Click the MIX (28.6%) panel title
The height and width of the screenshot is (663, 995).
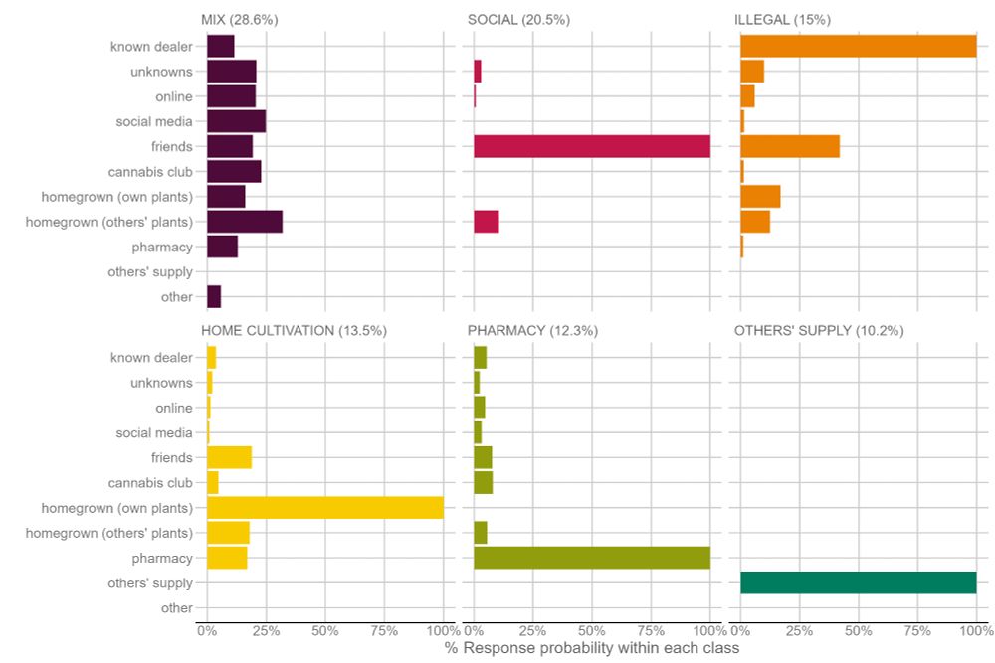pyautogui.click(x=240, y=20)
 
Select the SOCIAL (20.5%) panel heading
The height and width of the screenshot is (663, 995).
pyautogui.click(x=518, y=20)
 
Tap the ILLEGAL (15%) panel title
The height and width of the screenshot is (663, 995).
pyautogui.click(x=782, y=20)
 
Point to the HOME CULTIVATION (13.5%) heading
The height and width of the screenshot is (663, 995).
pyautogui.click(x=294, y=331)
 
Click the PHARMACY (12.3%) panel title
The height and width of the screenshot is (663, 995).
pyautogui.click(x=532, y=331)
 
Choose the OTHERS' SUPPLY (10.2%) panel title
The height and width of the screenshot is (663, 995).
pyautogui.click(x=818, y=331)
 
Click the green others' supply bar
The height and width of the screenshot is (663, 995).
pyautogui.click(x=858, y=582)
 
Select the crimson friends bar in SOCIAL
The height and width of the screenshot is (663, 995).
pyautogui.click(x=591, y=146)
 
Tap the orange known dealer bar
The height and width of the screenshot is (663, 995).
pyautogui.click(x=858, y=46)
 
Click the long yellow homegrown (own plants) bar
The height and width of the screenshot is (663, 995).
pyautogui.click(x=324, y=507)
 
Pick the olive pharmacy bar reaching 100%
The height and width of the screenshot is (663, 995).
pyautogui.click(x=591, y=558)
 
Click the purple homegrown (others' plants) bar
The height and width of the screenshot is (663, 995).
pyautogui.click(x=244, y=222)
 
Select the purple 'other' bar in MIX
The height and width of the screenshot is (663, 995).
pyautogui.click(x=214, y=296)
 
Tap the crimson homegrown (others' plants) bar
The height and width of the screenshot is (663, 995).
pyautogui.click(x=486, y=222)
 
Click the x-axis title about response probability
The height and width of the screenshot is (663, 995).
pyautogui.click(x=592, y=649)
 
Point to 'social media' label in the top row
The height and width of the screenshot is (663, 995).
pyautogui.click(x=154, y=121)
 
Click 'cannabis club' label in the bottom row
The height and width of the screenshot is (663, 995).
pyautogui.click(x=150, y=483)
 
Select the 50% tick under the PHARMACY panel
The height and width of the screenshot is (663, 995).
pyautogui.click(x=591, y=630)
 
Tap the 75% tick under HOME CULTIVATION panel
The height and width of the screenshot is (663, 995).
pyautogui.click(x=384, y=630)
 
